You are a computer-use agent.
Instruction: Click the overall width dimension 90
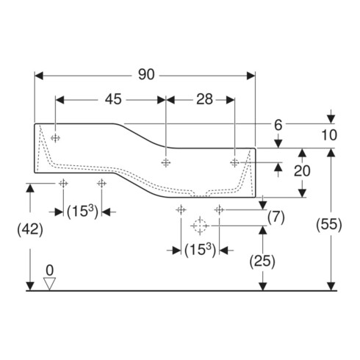[146, 74]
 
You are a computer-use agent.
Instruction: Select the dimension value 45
[113, 99]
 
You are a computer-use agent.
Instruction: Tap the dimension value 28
[204, 99]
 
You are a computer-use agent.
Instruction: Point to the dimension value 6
[278, 125]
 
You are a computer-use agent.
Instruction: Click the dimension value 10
[329, 135]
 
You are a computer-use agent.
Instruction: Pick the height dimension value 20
[302, 170]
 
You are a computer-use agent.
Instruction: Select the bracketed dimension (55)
[328, 224]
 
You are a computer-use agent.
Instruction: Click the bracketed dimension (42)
[30, 230]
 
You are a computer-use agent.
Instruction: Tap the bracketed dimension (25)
[262, 261]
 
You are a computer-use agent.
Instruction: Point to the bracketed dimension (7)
[276, 217]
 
